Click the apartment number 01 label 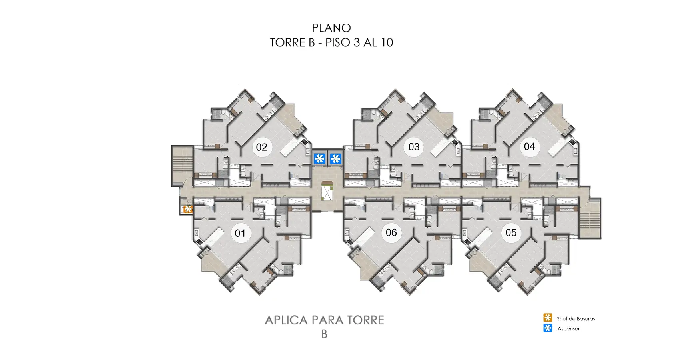click(240, 233)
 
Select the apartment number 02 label click(261, 147)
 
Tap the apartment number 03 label click(414, 147)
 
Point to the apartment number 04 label click(529, 146)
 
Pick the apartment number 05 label click(511, 232)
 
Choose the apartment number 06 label click(391, 232)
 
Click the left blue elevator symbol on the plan click(319, 159)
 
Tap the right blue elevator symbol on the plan click(335, 159)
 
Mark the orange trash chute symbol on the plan click(188, 209)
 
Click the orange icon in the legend click(548, 318)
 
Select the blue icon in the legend click(548, 328)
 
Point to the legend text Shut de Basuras click(576, 319)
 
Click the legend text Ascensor click(568, 329)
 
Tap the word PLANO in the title click(331, 28)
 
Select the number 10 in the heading click(386, 42)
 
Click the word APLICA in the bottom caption click(287, 320)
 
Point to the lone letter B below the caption click(324, 334)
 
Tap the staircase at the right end click(590, 218)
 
